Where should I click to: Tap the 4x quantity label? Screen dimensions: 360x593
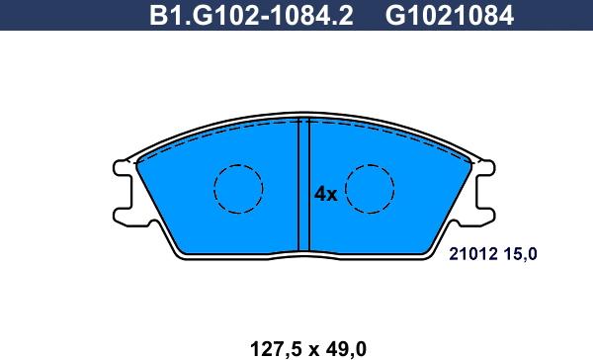pos(326,195)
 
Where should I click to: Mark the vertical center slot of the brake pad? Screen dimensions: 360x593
pos(304,186)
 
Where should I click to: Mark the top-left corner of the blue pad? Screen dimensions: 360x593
pos(135,161)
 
